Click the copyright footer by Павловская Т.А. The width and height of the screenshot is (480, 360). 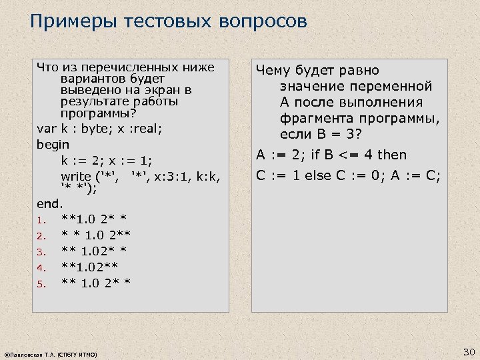[x=51, y=355]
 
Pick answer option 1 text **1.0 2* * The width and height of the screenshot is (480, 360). [x=95, y=219]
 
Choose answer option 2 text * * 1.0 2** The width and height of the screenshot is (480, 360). [x=95, y=235]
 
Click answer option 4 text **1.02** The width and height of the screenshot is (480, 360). [x=89, y=267]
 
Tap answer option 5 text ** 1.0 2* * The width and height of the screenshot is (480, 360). [x=95, y=283]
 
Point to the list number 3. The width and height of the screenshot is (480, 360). [x=40, y=252]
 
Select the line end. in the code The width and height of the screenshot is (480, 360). [x=49, y=203]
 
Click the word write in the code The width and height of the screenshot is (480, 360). [x=76, y=177]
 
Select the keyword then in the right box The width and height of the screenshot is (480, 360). [x=391, y=155]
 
